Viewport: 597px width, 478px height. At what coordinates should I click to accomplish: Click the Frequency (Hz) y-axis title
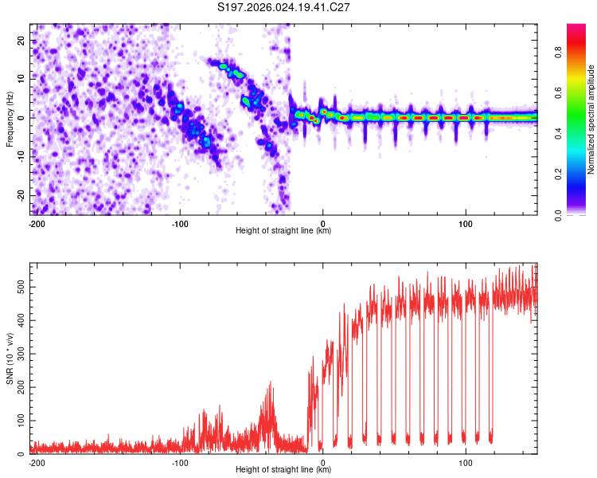(x=10, y=118)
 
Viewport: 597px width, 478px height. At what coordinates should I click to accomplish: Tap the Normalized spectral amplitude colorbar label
(x=591, y=118)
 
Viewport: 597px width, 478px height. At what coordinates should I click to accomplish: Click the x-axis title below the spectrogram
(x=283, y=231)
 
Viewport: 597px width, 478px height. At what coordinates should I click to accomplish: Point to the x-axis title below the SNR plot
(x=283, y=470)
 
